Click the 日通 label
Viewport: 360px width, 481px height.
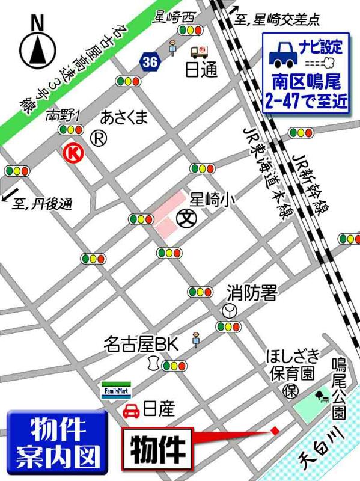200,70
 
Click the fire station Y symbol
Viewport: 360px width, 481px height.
228,311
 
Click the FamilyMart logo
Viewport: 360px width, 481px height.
114,388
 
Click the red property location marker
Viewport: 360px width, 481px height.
274,430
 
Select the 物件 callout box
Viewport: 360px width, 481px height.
158,448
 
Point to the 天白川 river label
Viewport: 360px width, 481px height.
323,444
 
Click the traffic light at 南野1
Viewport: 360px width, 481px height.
70,129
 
